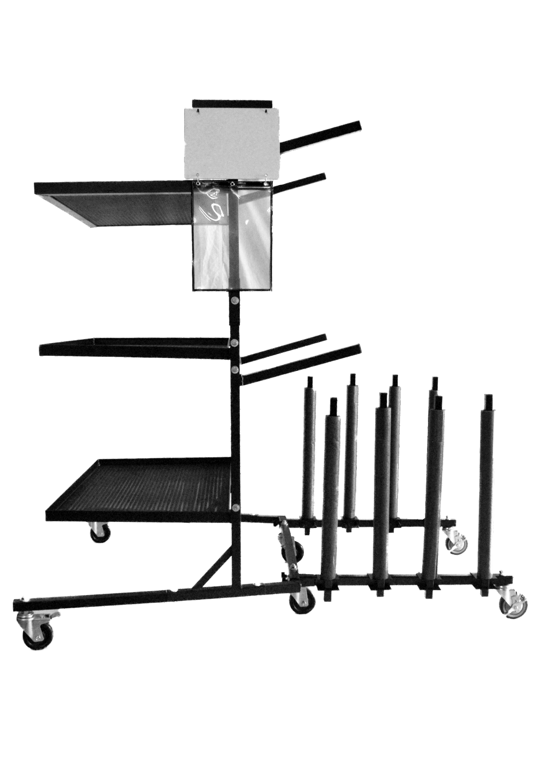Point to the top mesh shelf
tap(115, 203)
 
